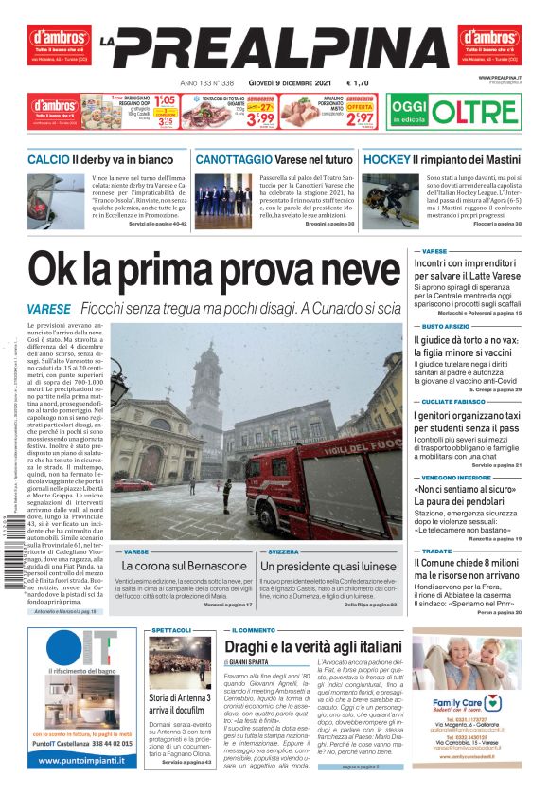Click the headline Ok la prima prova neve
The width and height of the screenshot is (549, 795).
[x=213, y=272]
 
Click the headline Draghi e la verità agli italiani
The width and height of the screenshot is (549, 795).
[x=312, y=647]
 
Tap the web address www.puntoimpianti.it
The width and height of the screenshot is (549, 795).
[x=86, y=762]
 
